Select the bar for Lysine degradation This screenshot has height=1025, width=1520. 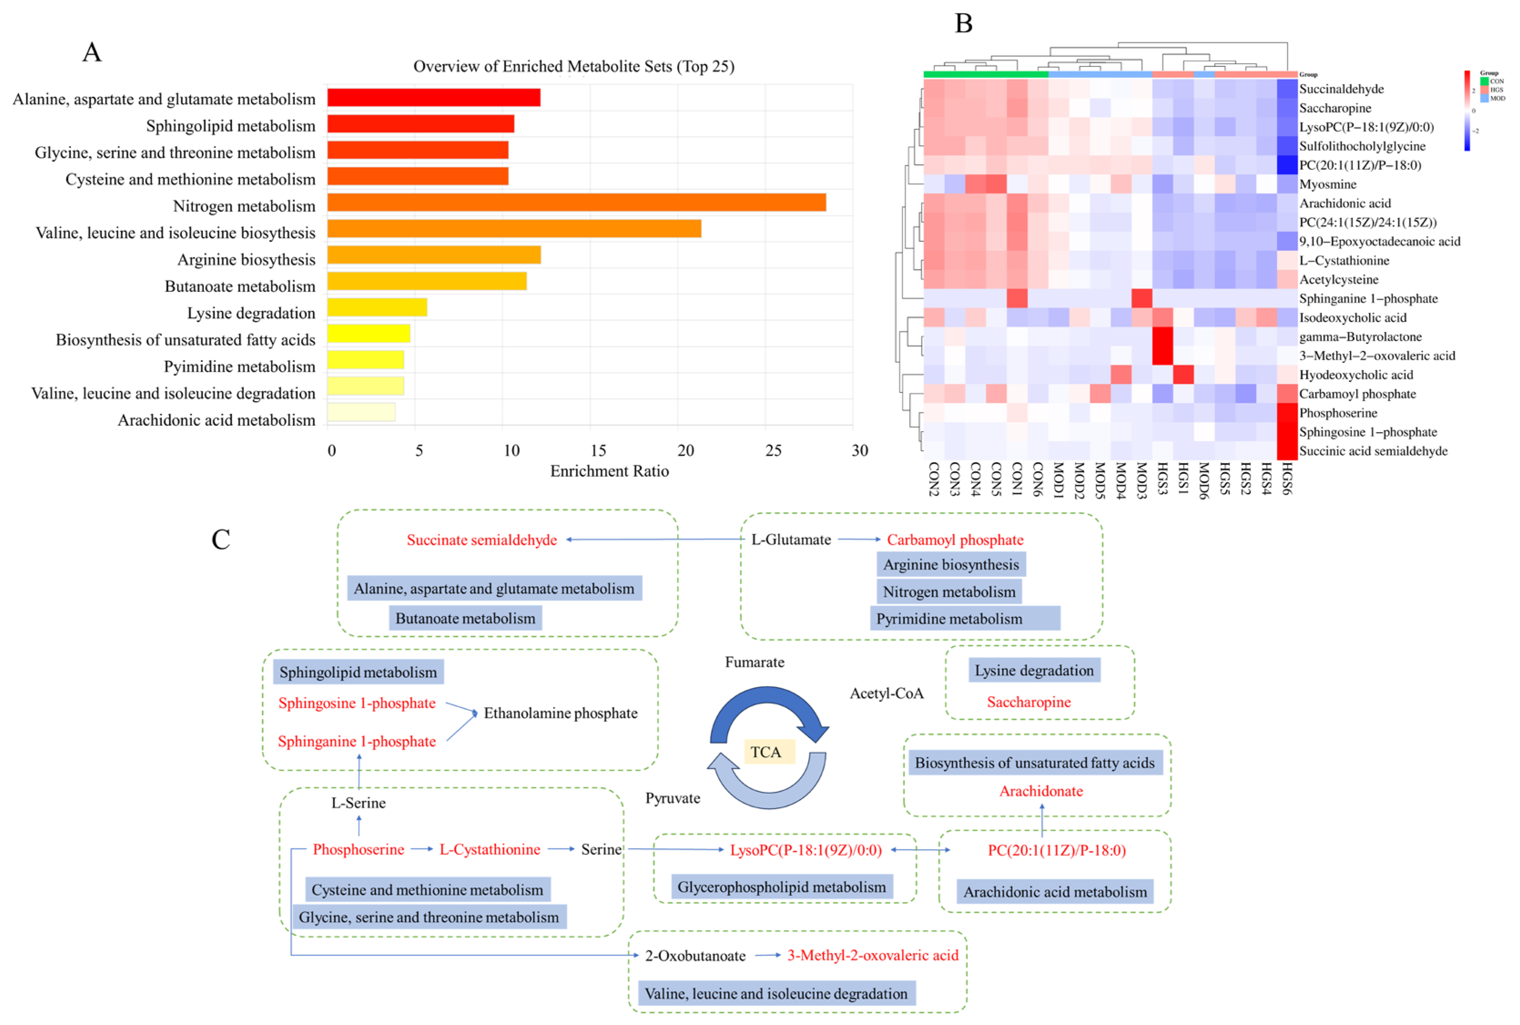point(376,307)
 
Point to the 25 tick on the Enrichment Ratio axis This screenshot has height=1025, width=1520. point(773,450)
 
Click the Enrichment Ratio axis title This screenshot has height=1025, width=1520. point(609,471)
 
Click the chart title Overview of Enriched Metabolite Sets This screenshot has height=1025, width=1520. point(573,66)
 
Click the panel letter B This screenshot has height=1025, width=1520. point(963,24)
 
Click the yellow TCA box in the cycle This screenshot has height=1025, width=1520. point(768,752)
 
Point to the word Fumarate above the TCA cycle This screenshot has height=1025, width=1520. point(754,662)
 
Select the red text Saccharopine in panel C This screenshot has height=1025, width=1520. point(1028,702)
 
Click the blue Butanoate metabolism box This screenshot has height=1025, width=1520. point(465,618)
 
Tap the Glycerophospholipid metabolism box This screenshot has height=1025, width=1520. point(782,887)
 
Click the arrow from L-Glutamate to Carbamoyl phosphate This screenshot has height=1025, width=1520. point(859,539)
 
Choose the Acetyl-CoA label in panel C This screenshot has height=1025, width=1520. point(886,694)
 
